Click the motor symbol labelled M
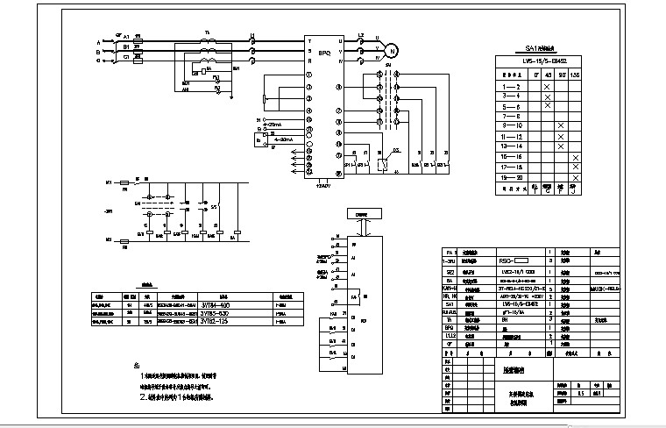[392, 50]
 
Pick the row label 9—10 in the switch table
[510, 126]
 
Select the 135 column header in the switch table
[575, 74]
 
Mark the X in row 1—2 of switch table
[547, 86]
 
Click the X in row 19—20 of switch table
[575, 178]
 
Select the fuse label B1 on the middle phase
[127, 47]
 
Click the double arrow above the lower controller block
[361, 225]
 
